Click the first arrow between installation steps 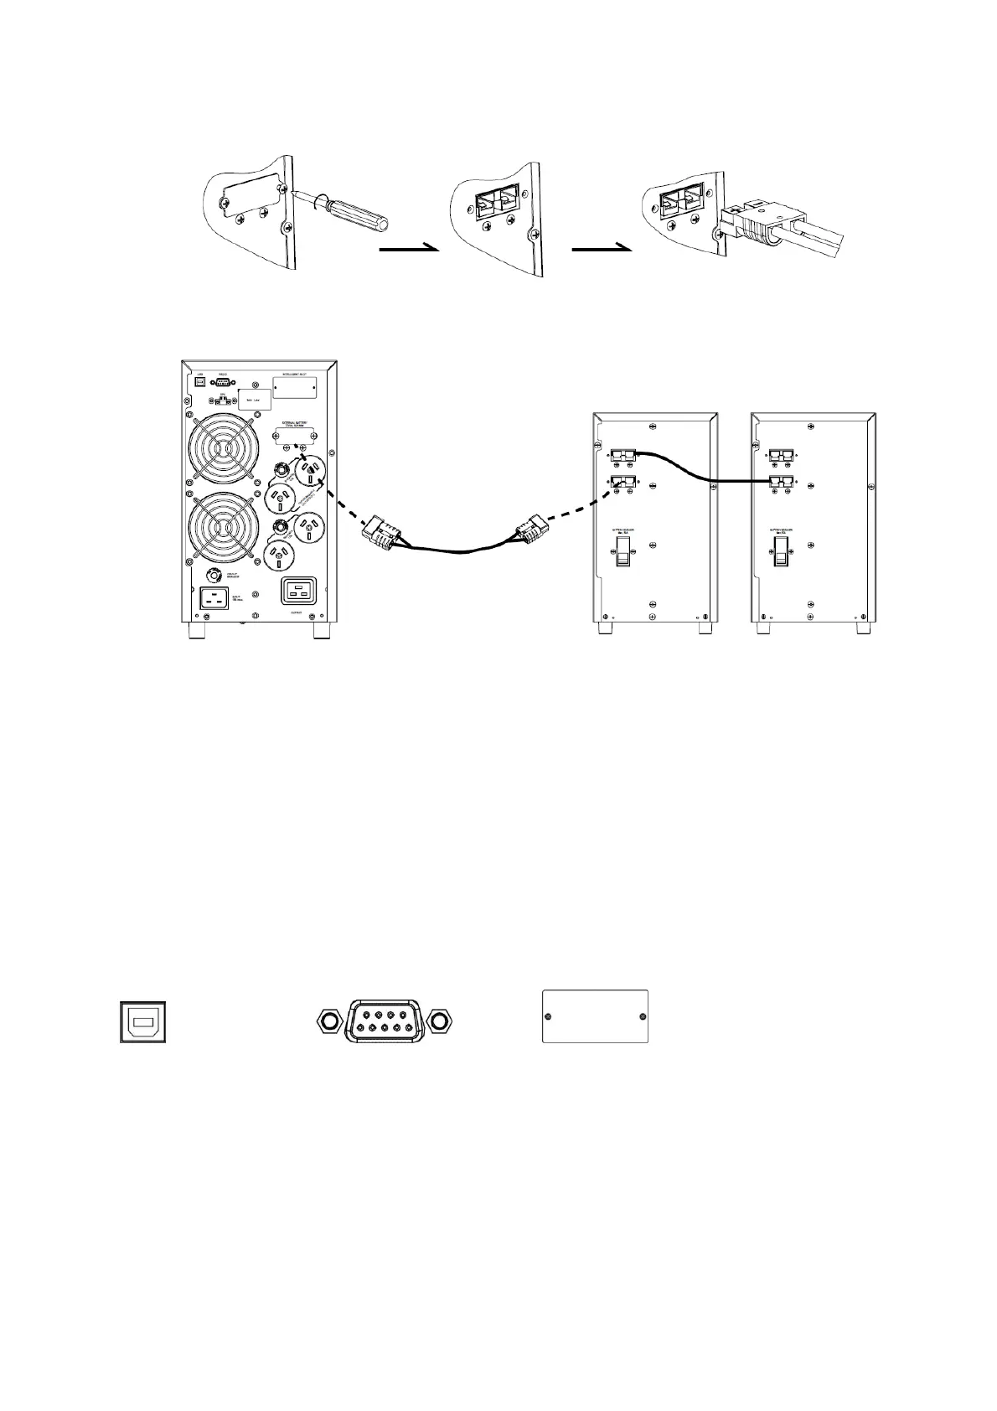[x=409, y=248]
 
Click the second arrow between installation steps [x=601, y=248]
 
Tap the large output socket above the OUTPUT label [x=297, y=591]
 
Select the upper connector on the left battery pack [x=622, y=455]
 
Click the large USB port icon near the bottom [x=142, y=1021]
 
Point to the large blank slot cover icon [x=595, y=1016]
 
